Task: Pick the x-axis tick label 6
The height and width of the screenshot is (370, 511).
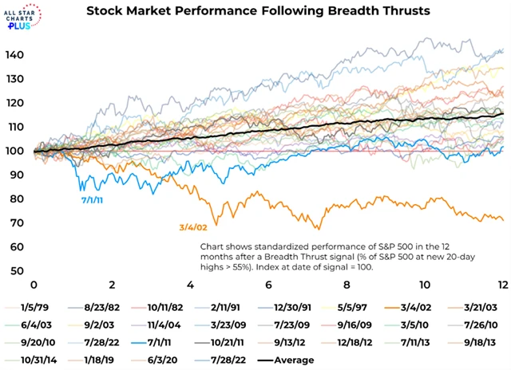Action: click(268, 285)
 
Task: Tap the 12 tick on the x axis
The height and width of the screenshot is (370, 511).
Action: click(500, 285)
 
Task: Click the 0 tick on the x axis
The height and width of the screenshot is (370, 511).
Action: click(34, 285)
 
